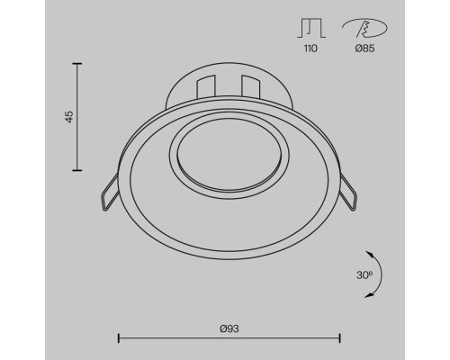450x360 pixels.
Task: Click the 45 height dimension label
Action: pos(69,117)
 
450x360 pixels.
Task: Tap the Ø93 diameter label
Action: pos(229,328)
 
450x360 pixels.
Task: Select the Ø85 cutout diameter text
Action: pos(364,49)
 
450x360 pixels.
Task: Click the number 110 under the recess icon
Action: pos(310,49)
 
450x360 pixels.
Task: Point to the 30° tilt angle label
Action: pos(364,274)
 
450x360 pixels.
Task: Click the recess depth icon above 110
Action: pos(311,28)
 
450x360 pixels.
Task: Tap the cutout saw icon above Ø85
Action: pos(364,28)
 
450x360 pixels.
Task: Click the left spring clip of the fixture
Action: pos(110,193)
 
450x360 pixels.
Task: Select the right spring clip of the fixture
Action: pos(348,193)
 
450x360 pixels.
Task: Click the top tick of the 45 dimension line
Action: pos(77,64)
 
